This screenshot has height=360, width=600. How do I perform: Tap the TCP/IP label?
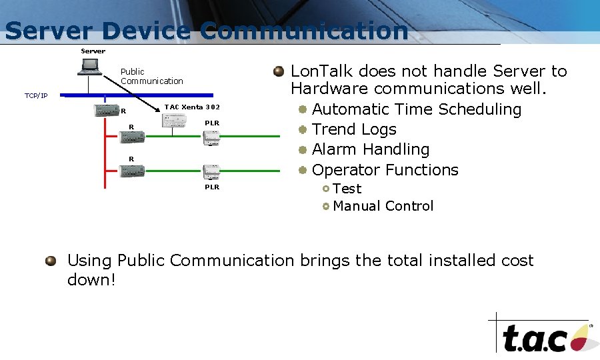tap(36, 96)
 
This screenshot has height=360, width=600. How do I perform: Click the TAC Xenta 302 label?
tap(192, 107)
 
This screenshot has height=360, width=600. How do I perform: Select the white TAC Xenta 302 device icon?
tap(175, 121)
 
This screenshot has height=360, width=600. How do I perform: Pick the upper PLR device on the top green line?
tap(212, 138)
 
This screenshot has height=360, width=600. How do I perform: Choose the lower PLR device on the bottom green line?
tap(212, 171)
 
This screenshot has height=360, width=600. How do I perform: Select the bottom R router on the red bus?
tap(132, 171)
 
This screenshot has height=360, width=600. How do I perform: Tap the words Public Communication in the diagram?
tap(151, 76)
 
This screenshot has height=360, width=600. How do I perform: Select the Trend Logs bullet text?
tap(354, 129)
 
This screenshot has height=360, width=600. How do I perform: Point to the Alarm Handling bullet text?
tap(371, 149)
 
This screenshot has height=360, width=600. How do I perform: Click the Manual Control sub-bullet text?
tap(383, 206)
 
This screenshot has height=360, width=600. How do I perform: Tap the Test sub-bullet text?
tap(347, 189)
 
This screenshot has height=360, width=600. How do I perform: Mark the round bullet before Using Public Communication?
tap(51, 261)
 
